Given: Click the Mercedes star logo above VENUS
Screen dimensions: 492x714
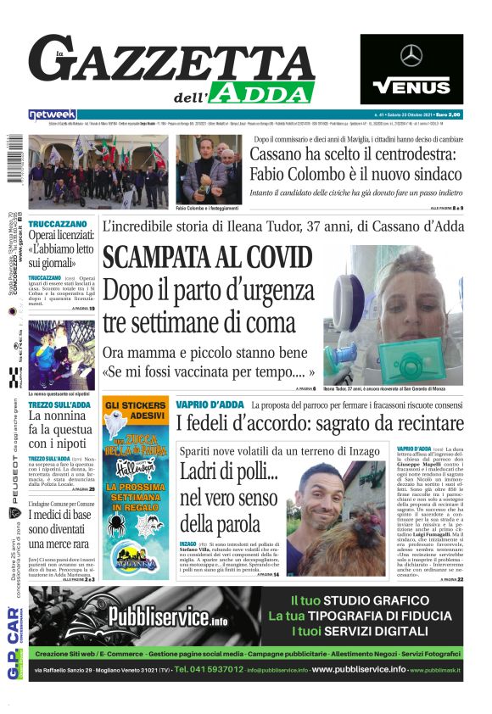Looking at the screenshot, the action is point(411,56).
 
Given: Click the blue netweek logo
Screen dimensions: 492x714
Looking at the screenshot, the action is point(52,114).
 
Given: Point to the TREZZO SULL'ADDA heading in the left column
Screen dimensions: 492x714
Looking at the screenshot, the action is point(60,403).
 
